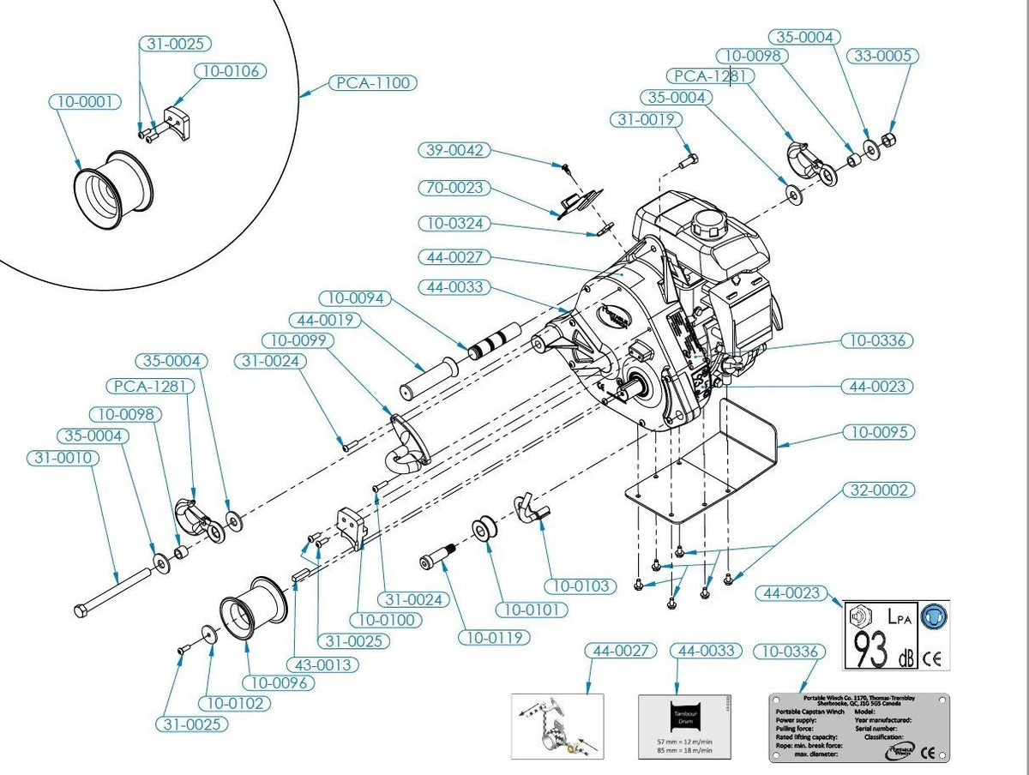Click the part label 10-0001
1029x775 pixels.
83,101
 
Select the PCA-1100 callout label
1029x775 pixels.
373,83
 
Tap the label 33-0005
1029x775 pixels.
883,56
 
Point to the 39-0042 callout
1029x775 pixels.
454,150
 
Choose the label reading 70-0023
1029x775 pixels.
454,187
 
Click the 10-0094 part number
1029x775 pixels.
354,298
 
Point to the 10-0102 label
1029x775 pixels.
234,703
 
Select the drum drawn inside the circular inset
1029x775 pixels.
114,193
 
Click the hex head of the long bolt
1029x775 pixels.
80,610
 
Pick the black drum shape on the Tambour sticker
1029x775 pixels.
686,717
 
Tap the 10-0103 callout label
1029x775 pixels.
581,586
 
